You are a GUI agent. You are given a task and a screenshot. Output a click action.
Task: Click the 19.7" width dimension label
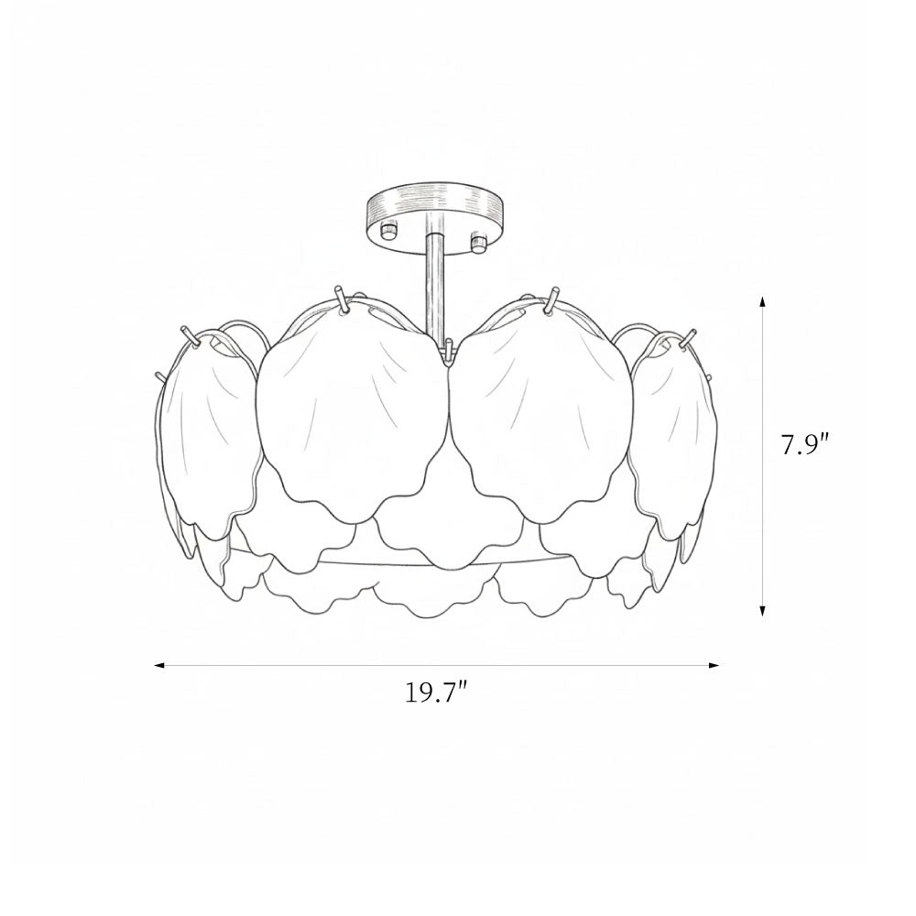tap(436, 692)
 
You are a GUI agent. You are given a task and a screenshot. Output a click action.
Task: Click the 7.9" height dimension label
tap(805, 446)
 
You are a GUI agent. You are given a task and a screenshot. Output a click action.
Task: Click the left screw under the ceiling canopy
tap(388, 231)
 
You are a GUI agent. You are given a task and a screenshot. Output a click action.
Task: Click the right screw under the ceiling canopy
tap(478, 243)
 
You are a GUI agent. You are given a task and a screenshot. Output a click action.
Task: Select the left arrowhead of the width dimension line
tap(159, 665)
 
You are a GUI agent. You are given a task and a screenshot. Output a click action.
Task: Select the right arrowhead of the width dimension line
tap(714, 665)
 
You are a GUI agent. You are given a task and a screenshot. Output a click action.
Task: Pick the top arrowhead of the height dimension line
tap(762, 302)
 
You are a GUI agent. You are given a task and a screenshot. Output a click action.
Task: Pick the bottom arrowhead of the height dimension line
tap(762, 610)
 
